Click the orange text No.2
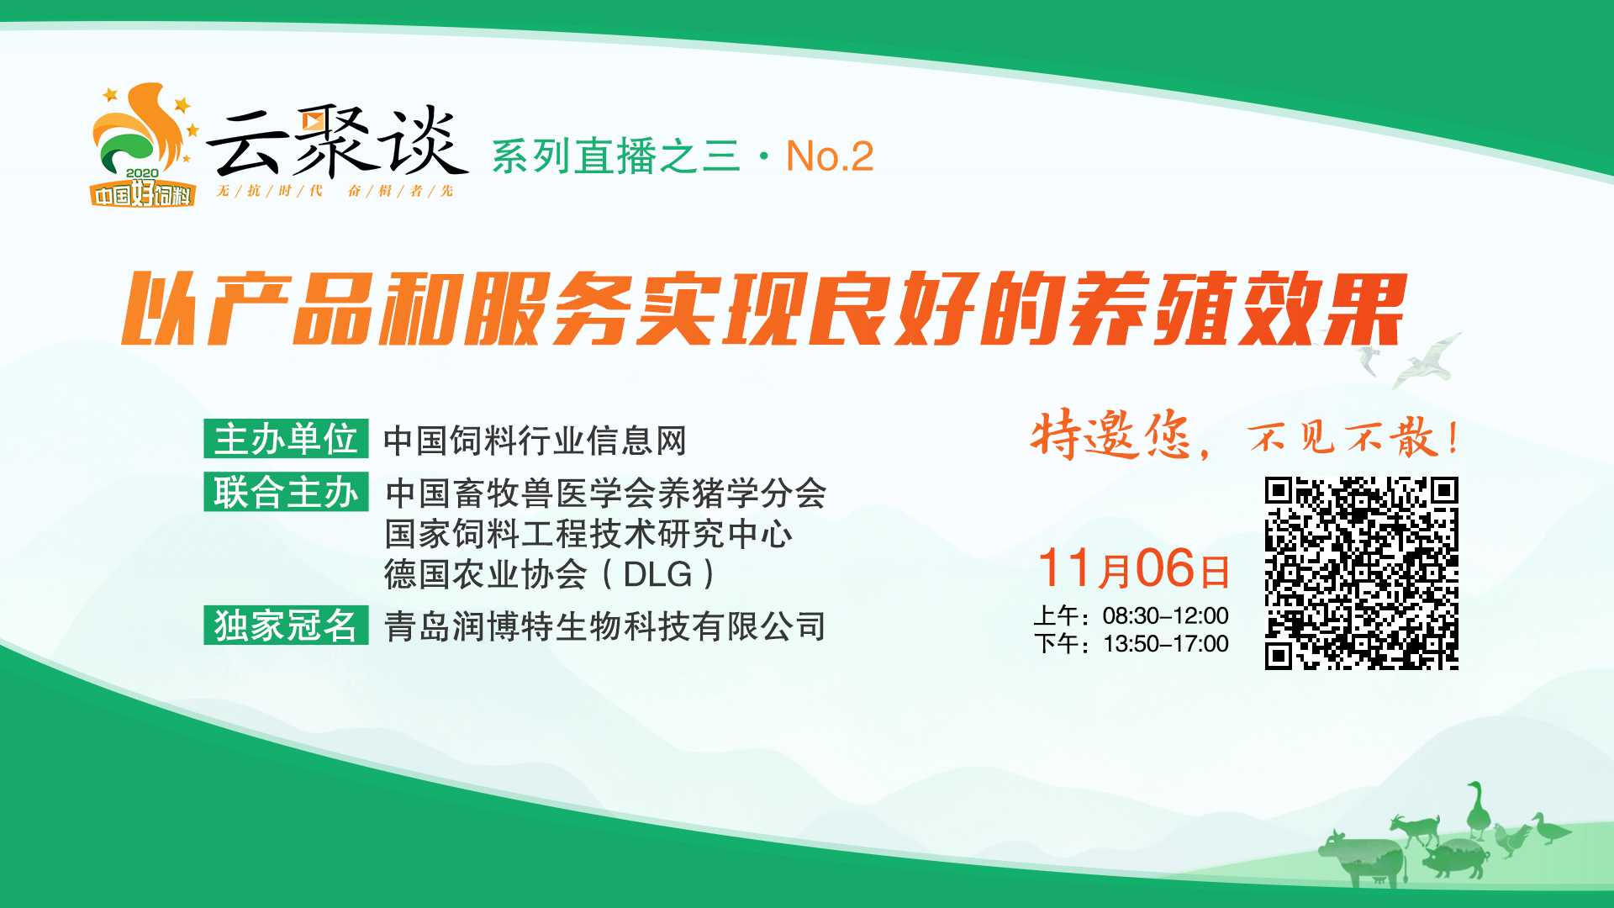tap(830, 156)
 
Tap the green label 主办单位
tap(286, 438)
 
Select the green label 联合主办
tap(286, 491)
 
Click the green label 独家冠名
tap(286, 625)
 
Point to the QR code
tap(1361, 573)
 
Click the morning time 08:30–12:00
tap(1165, 615)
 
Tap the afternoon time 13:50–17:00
tap(1165, 644)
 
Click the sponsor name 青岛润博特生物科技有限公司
tap(605, 626)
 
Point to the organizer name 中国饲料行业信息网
tap(535, 441)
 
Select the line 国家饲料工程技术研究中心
tap(588, 534)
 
